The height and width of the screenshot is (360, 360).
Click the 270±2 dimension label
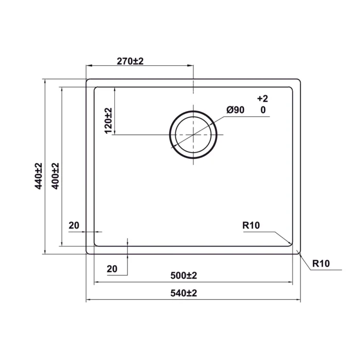pos(130,61)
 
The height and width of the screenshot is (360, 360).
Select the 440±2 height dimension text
pos(39,176)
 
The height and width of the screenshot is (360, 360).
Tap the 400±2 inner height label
pos(56,176)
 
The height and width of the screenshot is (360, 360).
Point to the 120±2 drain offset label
pos(108,121)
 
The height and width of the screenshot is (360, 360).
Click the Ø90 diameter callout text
pos(236,110)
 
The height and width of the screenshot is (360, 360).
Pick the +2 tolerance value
pos(263,99)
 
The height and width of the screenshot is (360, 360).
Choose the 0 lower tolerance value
pos(263,110)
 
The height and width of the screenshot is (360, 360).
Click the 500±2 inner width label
pos(184,275)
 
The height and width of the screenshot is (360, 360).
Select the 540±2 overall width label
pos(184,293)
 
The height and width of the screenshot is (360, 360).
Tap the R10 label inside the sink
pos(251,225)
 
